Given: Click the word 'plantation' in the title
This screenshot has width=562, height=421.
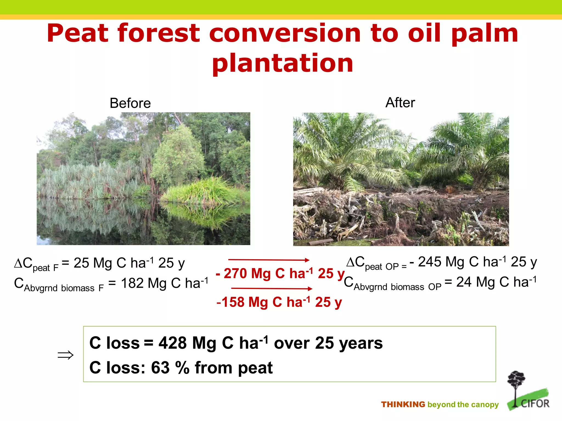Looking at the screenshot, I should point(283,64).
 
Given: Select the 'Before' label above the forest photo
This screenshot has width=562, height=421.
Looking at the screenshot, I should point(130,103).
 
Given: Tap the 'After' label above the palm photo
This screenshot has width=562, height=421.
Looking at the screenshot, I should point(400,103).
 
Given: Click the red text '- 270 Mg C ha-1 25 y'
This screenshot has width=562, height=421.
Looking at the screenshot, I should point(280,274).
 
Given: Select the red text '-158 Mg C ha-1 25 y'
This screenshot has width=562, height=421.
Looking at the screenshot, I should point(279,302).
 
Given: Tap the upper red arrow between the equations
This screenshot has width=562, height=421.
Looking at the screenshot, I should point(269,260).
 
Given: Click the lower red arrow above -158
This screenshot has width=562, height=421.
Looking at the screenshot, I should point(272,288).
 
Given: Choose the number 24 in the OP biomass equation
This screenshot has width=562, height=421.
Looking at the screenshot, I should point(464,282).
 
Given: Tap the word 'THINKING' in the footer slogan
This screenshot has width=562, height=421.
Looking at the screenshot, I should point(403,405).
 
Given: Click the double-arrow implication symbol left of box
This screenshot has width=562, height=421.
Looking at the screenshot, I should point(66,355).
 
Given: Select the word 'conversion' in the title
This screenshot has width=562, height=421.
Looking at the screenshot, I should point(285,33).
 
